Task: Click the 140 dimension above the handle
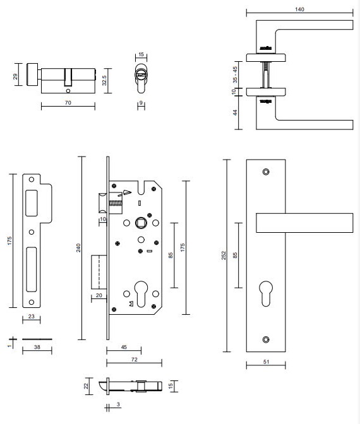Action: click(x=299, y=9)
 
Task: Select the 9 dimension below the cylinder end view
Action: click(x=141, y=101)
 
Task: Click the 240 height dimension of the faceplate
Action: click(x=79, y=247)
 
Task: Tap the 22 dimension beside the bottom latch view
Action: click(x=87, y=386)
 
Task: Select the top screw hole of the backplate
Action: click(x=265, y=171)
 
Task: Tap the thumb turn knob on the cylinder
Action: click(x=32, y=74)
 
